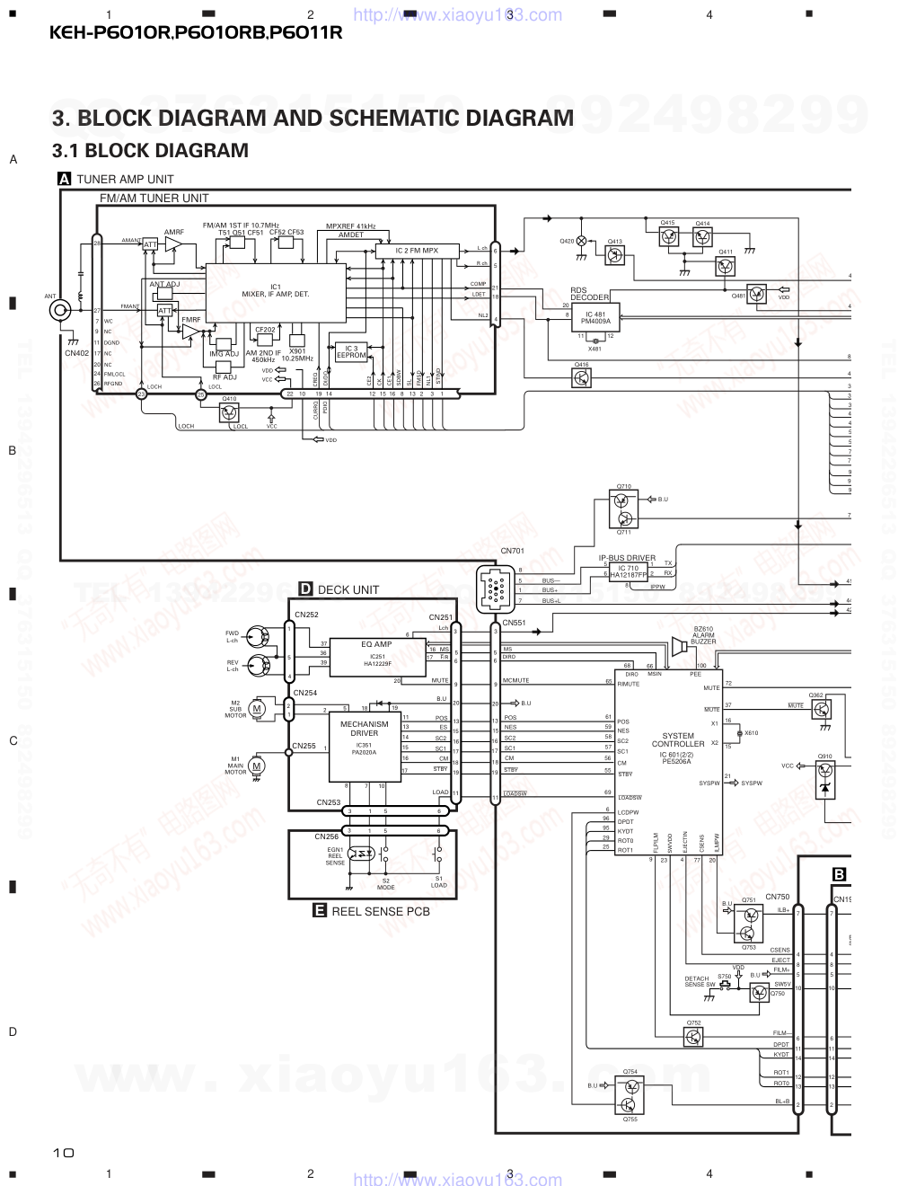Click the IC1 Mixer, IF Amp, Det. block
click(x=276, y=293)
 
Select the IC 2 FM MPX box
click(x=418, y=251)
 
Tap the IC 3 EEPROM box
click(x=351, y=351)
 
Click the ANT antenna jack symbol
click(x=61, y=310)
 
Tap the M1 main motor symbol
click(x=257, y=766)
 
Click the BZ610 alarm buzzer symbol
click(x=678, y=646)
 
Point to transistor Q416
click(x=582, y=378)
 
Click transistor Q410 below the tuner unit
click(x=230, y=412)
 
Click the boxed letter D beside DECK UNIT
click(x=305, y=589)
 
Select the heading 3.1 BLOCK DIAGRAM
click(x=150, y=150)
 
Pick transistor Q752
click(x=693, y=1038)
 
